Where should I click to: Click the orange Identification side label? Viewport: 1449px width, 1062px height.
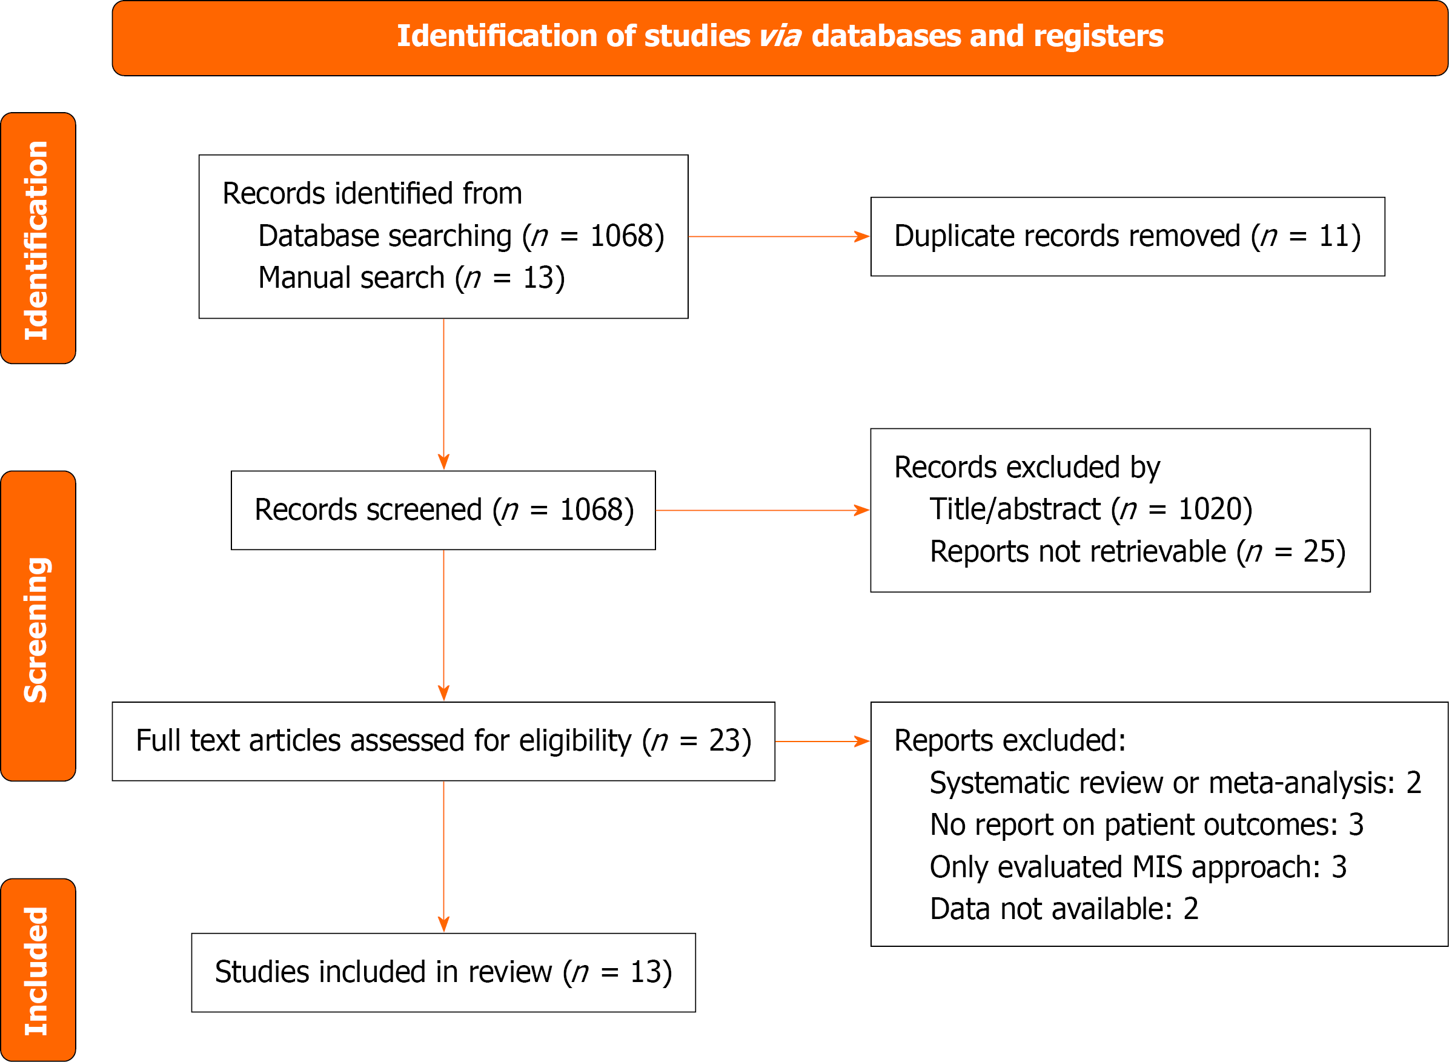[38, 239]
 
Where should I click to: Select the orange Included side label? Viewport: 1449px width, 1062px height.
[38, 969]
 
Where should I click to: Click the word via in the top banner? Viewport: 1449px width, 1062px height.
[780, 36]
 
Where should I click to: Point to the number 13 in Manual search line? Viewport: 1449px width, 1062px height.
[538, 278]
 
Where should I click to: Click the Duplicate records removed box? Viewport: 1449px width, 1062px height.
[1127, 236]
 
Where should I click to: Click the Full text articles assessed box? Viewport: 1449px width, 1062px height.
[443, 741]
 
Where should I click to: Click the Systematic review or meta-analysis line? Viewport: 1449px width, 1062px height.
[1175, 783]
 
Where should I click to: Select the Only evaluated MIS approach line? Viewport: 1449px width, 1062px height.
[1137, 867]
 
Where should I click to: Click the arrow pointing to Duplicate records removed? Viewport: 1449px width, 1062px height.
[778, 236]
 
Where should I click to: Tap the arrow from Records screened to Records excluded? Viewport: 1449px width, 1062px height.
[762, 511]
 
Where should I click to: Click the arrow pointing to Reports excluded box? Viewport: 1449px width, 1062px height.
[821, 741]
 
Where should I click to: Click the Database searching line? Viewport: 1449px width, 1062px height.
[460, 236]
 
